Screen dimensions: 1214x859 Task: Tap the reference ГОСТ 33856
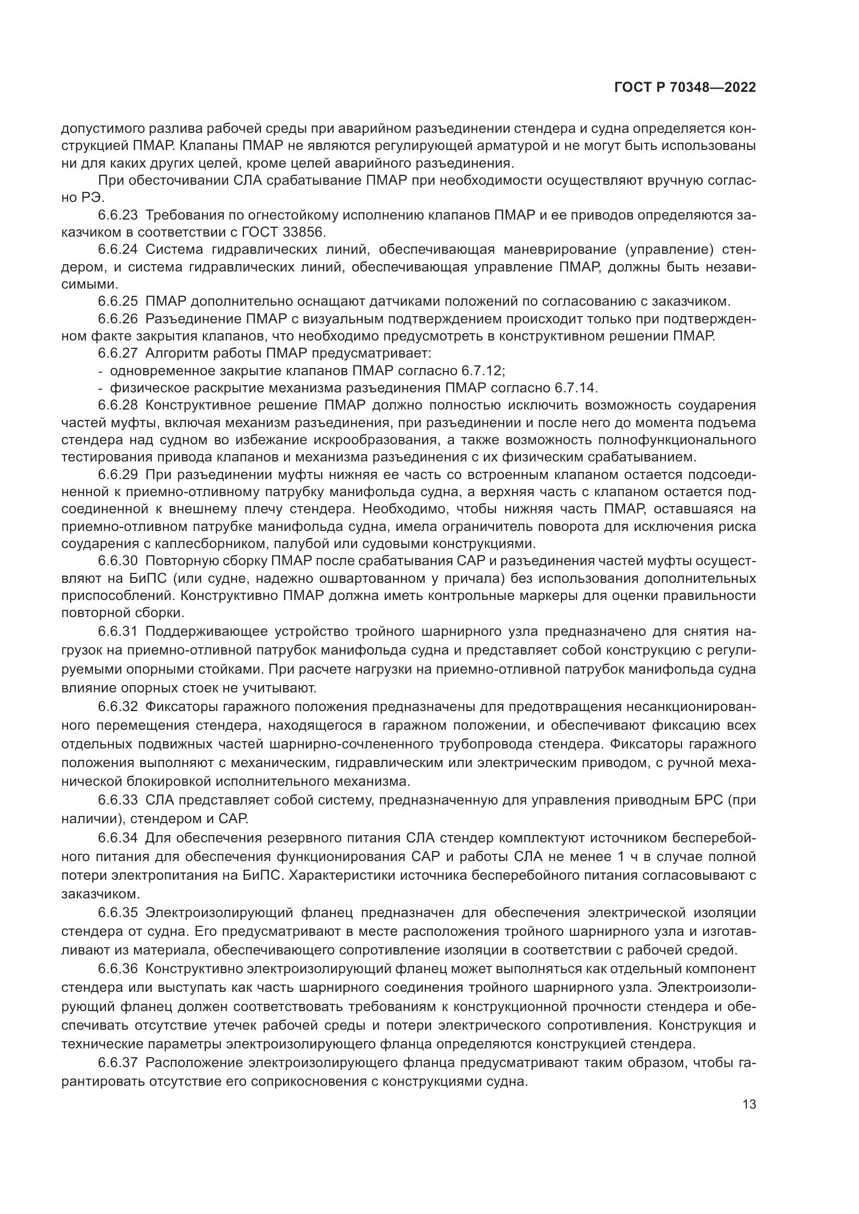(285, 232)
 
